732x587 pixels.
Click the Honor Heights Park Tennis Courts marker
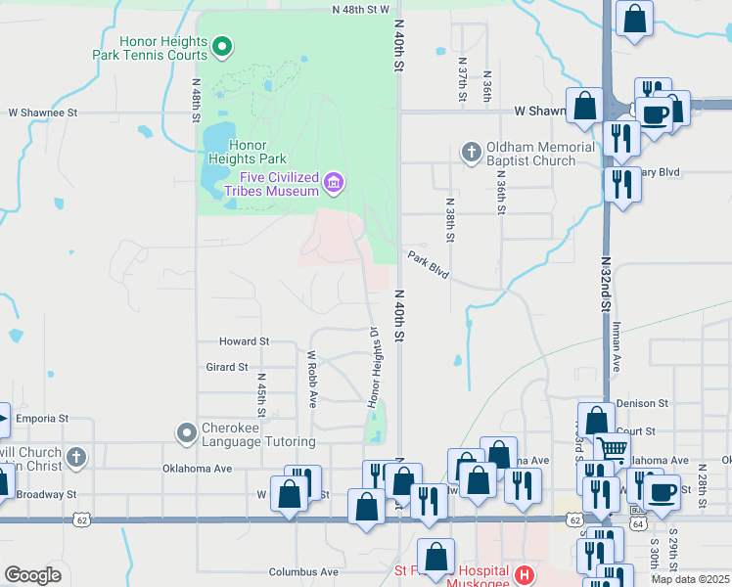pyautogui.click(x=222, y=44)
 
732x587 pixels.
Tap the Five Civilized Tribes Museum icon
pyautogui.click(x=334, y=181)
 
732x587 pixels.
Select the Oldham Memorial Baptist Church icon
pyautogui.click(x=471, y=152)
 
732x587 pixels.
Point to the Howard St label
pyautogui.click(x=244, y=341)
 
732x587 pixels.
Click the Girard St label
pyautogui.click(x=226, y=367)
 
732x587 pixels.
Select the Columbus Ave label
pyautogui.click(x=304, y=571)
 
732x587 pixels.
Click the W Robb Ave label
pyautogui.click(x=312, y=380)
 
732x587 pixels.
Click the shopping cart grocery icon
pyautogui.click(x=613, y=449)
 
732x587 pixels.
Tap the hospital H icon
pyautogui.click(x=525, y=574)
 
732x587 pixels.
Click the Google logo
pyautogui.click(x=32, y=575)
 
